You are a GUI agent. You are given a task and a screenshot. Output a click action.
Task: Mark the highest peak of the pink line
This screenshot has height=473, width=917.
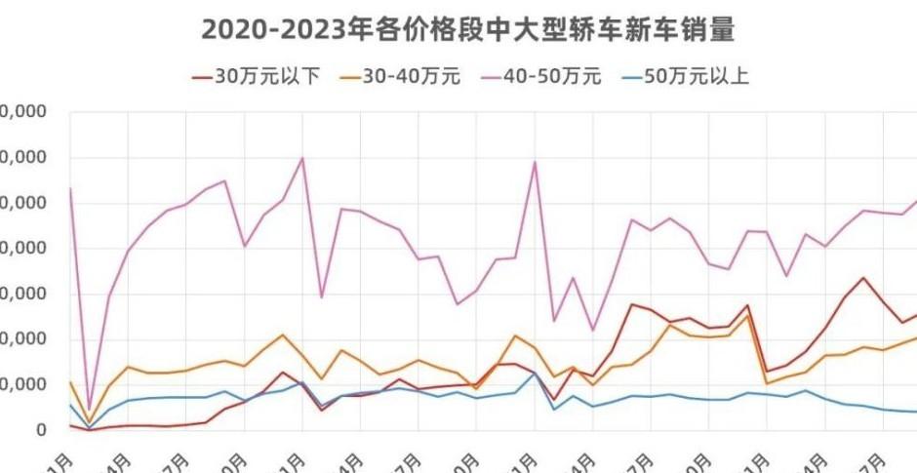302,158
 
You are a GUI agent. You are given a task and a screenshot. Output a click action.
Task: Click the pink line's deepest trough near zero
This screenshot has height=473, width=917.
90,410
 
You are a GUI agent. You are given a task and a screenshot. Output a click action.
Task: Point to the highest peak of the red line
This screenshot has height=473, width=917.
862,278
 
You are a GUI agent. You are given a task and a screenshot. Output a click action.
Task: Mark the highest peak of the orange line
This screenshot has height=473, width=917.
747,315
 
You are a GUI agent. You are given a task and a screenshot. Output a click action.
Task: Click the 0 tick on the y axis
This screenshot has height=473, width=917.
41,430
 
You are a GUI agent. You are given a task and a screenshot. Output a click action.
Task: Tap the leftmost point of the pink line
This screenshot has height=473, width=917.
70,188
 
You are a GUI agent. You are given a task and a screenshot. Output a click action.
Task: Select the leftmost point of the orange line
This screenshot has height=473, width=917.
70,382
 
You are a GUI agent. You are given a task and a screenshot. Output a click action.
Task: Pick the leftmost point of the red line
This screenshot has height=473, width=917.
70,425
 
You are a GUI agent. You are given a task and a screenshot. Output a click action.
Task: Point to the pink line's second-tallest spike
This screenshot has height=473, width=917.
535,162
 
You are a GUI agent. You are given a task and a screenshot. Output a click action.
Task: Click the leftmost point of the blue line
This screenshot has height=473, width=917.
70,405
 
